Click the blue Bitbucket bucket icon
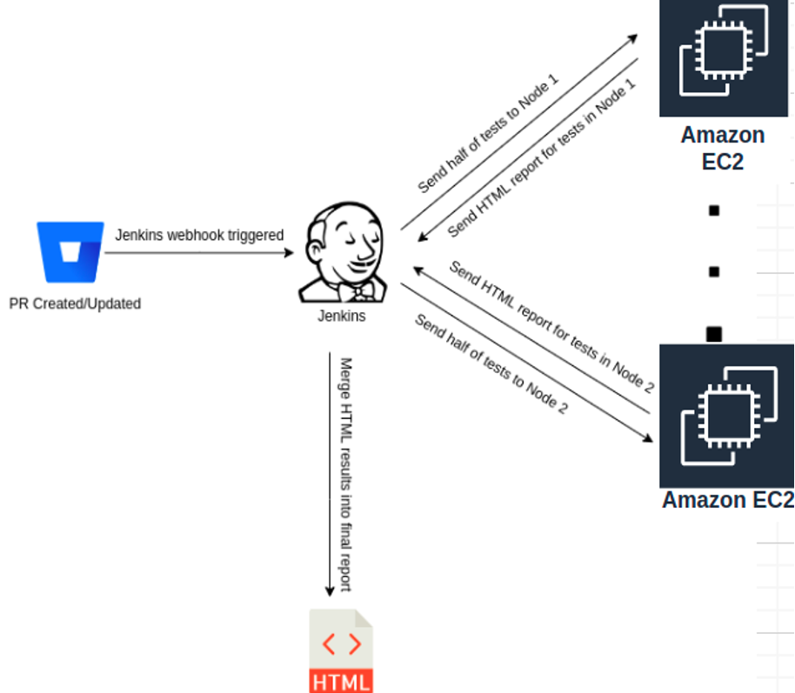point(70,253)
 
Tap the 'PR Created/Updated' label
point(75,303)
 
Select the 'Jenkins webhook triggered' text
point(199,235)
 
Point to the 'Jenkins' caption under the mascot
point(341,316)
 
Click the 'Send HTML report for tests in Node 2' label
point(550,327)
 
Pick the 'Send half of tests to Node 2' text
point(491,363)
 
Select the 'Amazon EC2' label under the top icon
point(723,148)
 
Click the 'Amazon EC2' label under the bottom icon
point(727,501)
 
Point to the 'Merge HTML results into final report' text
point(344,474)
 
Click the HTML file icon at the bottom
point(341,651)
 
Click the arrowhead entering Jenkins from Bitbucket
point(290,253)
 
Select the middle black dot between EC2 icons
point(714,272)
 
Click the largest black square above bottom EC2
point(714,334)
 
